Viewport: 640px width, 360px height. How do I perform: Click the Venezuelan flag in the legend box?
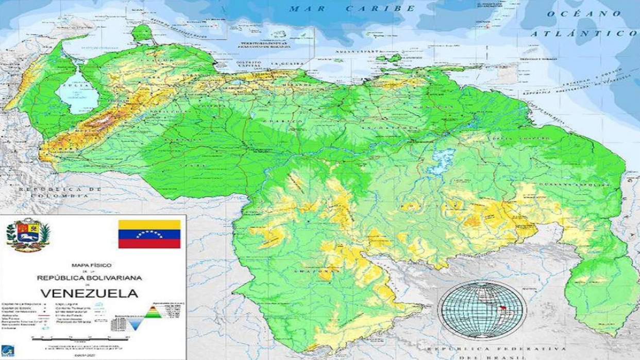149,234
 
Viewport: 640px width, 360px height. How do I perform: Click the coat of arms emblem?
28,234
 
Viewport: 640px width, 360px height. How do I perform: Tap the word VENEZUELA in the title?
89,294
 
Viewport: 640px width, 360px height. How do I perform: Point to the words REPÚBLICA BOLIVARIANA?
89,278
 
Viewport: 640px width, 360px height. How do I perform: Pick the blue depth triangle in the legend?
135,323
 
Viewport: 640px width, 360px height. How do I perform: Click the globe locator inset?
482,310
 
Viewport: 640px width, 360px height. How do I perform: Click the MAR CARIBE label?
352,8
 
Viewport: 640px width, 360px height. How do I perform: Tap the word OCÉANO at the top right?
584,13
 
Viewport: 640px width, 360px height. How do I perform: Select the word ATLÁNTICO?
584,33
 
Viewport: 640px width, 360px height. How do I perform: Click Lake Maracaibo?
73,94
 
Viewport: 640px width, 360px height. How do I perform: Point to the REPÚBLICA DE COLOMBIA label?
59,193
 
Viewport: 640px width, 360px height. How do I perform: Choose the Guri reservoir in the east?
443,158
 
